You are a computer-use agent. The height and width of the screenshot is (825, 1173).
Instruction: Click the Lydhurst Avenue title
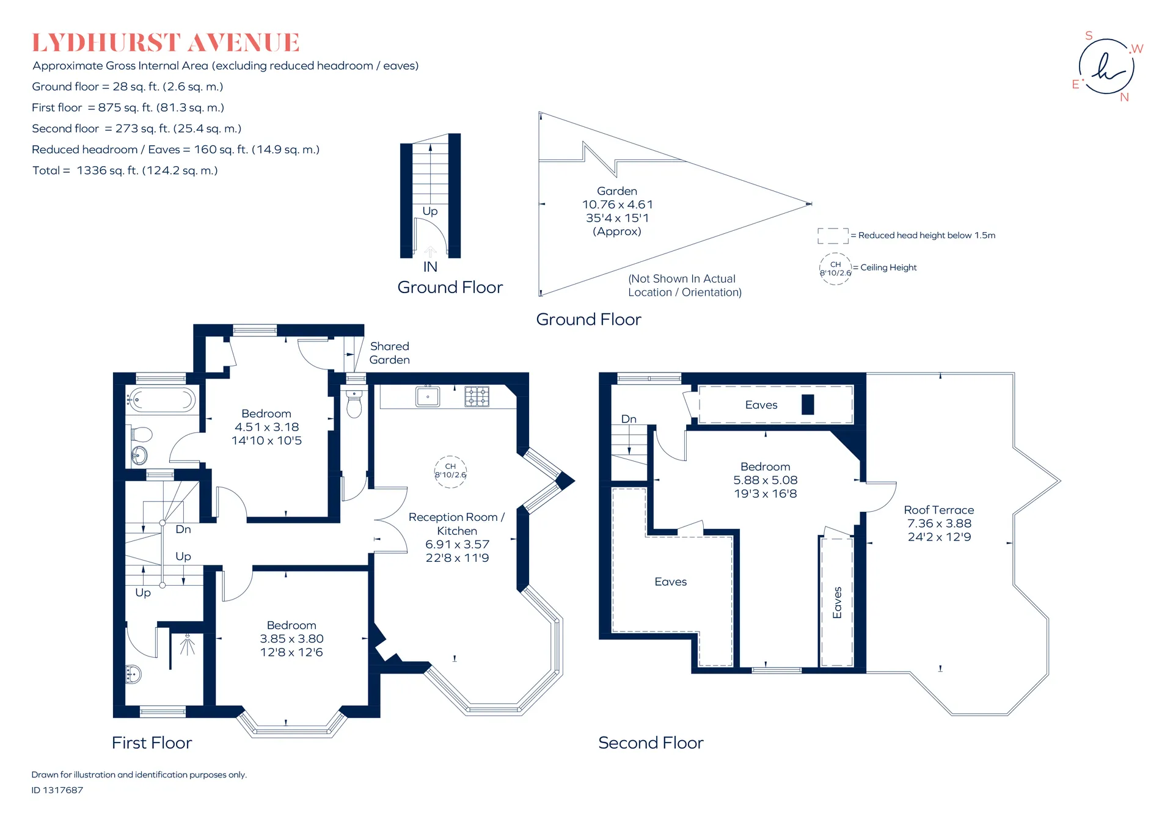tap(166, 43)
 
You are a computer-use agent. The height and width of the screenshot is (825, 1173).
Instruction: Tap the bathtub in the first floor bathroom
tap(161, 401)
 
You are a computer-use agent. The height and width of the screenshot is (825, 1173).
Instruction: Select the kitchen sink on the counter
tap(428, 396)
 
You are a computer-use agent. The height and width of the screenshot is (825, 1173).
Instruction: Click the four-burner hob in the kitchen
tap(477, 396)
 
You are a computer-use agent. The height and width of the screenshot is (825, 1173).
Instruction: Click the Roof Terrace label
tap(939, 510)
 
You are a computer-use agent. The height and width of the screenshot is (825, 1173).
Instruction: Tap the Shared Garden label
tap(390, 353)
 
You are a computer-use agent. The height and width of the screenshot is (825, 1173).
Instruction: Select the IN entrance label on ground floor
tap(430, 267)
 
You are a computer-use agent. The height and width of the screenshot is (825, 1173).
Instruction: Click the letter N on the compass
tap(1124, 97)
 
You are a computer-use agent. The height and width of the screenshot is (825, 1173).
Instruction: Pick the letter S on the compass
tap(1089, 35)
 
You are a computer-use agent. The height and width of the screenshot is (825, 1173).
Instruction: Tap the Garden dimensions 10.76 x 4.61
tap(618, 205)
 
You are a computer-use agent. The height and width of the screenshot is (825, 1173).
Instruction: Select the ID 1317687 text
tap(57, 790)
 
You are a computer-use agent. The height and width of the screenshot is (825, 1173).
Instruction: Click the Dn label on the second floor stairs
tap(629, 419)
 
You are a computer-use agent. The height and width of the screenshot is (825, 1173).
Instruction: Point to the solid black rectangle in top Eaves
tap(808, 405)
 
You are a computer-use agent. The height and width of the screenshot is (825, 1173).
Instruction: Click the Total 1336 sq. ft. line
tap(125, 170)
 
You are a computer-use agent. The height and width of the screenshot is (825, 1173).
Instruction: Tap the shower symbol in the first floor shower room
tap(187, 645)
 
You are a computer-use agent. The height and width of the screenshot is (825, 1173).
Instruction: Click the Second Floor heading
tap(651, 743)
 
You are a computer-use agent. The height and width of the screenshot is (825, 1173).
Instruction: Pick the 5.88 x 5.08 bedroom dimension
tap(766, 480)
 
